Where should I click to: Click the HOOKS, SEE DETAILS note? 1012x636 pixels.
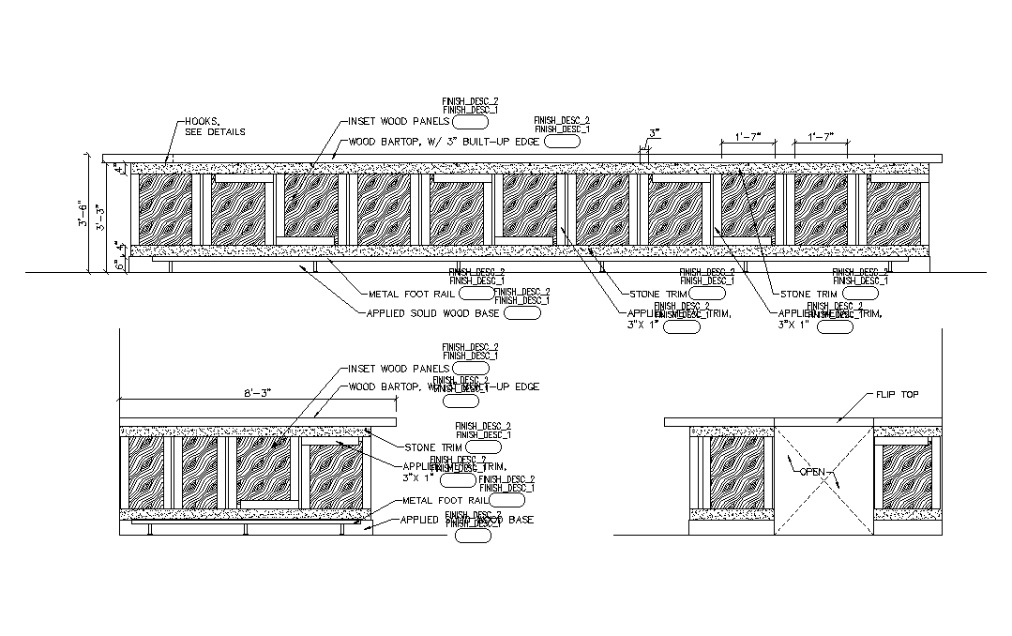(215, 127)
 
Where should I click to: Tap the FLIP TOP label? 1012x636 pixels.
(898, 395)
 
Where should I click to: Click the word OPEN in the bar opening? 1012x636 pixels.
(811, 471)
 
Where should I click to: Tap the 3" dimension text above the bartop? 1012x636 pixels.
(653, 132)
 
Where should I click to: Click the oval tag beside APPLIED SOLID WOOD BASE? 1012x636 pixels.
(522, 313)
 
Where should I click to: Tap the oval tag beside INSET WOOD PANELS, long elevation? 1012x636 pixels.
(470, 121)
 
